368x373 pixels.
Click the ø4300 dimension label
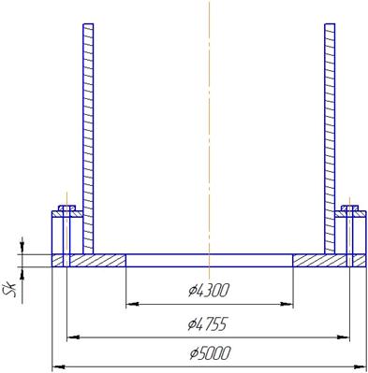click(209, 291)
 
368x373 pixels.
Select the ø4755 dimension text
click(207, 324)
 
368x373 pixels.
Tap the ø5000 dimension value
click(211, 353)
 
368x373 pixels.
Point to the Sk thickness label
click(14, 293)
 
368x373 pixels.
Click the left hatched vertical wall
click(88, 138)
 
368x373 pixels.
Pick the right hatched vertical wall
click(330, 138)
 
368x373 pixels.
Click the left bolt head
click(66, 208)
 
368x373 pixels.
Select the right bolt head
click(349, 208)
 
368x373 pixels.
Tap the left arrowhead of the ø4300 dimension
click(132, 304)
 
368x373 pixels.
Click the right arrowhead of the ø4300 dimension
click(287, 304)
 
